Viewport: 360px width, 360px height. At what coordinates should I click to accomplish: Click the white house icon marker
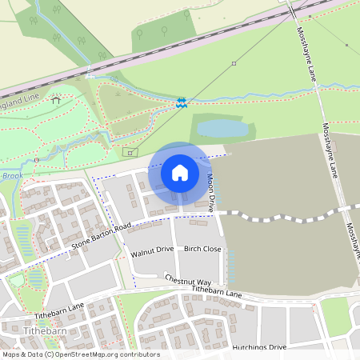(x=180, y=173)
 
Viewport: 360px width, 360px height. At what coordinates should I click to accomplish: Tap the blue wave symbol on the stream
(x=182, y=102)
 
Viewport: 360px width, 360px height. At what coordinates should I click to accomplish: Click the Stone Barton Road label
(x=101, y=236)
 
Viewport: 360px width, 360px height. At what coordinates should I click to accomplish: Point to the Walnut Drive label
(x=151, y=250)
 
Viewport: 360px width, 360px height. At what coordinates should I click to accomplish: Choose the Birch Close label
(x=202, y=249)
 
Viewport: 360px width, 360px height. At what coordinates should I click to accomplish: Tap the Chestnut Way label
(x=188, y=282)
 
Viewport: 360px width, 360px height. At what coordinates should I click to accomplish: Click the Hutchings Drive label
(x=259, y=347)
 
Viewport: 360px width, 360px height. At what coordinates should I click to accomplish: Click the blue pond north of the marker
(x=222, y=128)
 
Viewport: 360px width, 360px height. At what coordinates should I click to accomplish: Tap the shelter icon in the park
(x=55, y=100)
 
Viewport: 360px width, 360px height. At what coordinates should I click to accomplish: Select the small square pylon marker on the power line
(x=234, y=62)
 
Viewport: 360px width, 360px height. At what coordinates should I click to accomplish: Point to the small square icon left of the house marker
(x=127, y=152)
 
